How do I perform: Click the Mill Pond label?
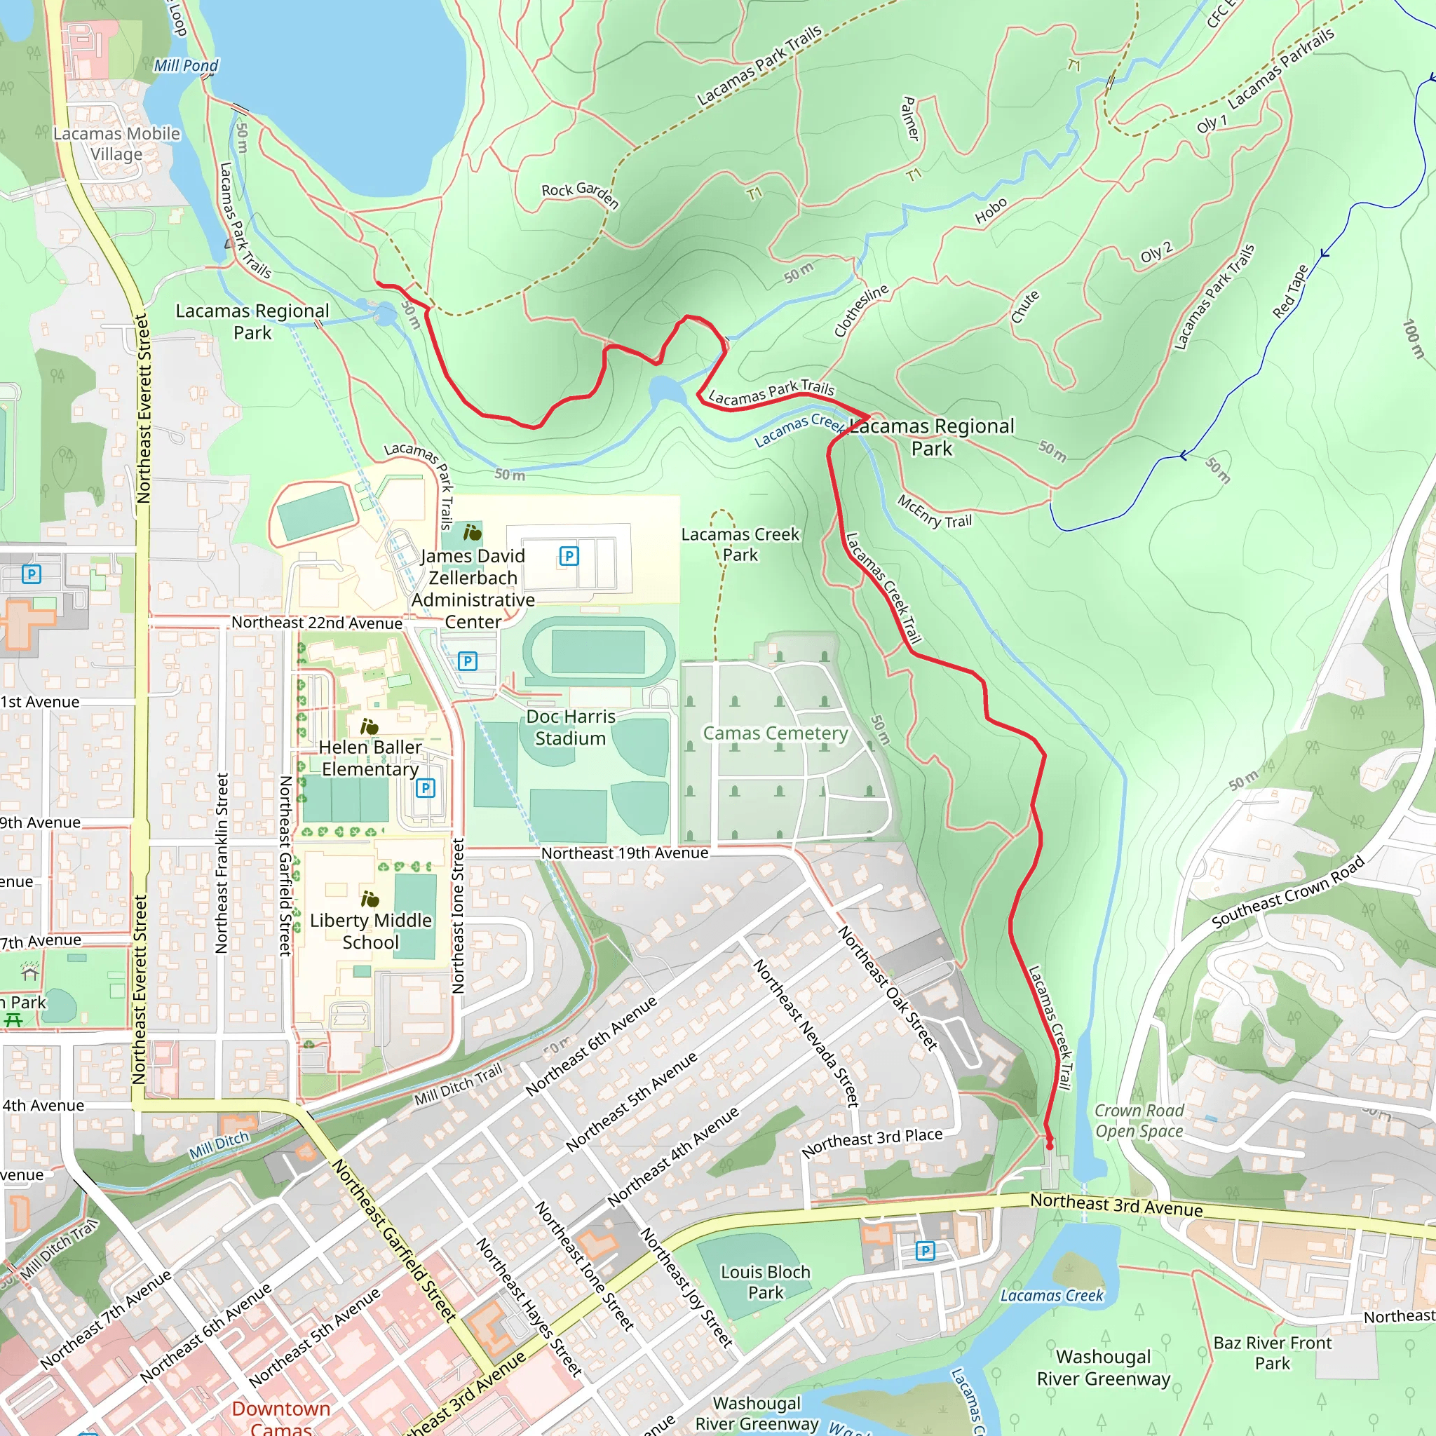point(186,65)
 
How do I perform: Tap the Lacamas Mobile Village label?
point(116,144)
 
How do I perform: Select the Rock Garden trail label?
point(580,194)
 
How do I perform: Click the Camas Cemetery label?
point(775,733)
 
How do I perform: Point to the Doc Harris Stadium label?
point(570,727)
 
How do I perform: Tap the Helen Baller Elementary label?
point(370,757)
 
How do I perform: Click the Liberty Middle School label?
point(370,930)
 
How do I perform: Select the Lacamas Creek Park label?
point(740,544)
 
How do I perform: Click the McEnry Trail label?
point(934,512)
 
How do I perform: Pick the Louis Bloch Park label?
point(766,1282)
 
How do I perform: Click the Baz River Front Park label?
point(1273,1353)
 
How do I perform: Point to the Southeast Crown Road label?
point(1288,892)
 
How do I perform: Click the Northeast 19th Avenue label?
point(624,853)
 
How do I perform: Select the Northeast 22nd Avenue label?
point(317,623)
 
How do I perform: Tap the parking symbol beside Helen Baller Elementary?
point(425,788)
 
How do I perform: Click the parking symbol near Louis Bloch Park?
point(925,1251)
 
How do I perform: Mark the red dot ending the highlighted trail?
point(1050,1146)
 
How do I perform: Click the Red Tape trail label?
point(1290,292)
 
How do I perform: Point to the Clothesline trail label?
point(861,310)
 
